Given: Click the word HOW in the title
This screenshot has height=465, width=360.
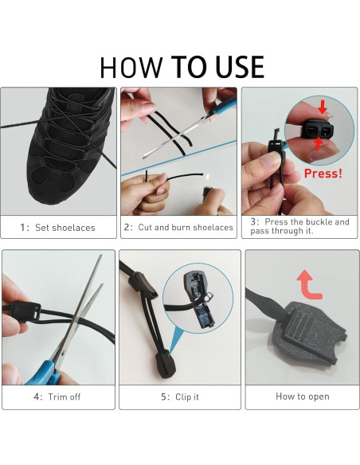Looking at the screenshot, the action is [131, 68].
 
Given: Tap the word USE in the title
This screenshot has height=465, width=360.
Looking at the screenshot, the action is [239, 67].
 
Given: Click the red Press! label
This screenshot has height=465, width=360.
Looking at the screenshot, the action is [323, 174].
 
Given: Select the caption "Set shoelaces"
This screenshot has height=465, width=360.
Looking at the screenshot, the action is [65, 228].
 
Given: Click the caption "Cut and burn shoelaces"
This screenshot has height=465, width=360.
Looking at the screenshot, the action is [186, 227].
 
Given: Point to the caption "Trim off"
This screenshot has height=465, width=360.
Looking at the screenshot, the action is [64, 397].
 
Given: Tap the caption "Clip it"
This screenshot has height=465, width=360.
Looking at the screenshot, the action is [187, 397].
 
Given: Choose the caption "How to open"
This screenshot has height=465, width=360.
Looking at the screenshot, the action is [303, 397].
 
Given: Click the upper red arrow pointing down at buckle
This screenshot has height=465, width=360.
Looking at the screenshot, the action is [323, 107].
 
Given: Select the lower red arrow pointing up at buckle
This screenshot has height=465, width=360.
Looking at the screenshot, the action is [318, 144].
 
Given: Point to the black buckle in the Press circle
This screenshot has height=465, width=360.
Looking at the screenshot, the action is [318, 129].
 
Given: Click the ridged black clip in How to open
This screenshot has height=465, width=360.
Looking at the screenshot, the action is [308, 332].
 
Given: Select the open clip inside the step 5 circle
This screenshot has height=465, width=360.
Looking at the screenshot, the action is [198, 299].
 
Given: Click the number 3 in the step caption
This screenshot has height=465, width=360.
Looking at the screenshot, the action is [253, 222].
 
